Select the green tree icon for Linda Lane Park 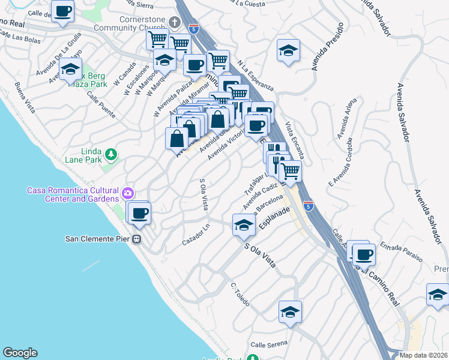click(x=110, y=155)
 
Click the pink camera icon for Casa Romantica click(x=127, y=194)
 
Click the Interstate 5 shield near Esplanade click(x=308, y=205)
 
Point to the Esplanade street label click(x=274, y=219)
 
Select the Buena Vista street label click(x=25, y=98)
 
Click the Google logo click(x=20, y=353)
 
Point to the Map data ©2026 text click(x=423, y=355)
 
